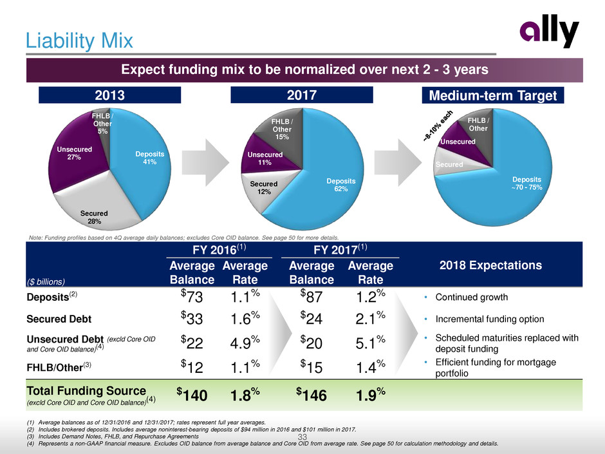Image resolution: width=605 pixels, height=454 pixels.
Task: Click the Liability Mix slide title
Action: pyautogui.click(x=79, y=41)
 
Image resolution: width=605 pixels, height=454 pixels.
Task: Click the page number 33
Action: pyautogui.click(x=302, y=439)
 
